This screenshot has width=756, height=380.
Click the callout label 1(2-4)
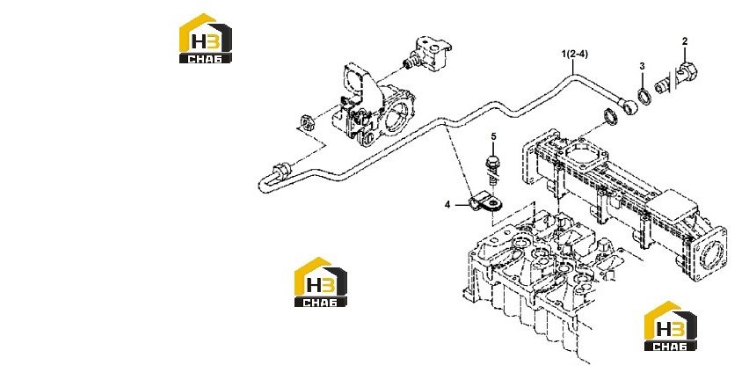(574, 54)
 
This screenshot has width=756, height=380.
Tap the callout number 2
(685, 41)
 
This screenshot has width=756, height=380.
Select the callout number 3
(642, 67)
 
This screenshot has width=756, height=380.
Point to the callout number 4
(447, 205)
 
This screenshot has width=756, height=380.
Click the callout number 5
(493, 137)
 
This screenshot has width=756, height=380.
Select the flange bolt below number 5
(493, 170)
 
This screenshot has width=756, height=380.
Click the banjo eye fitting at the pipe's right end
(628, 107)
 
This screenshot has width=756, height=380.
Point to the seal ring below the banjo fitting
(611, 117)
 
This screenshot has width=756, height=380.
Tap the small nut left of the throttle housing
(306, 122)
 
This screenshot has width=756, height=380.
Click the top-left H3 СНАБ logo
(206, 38)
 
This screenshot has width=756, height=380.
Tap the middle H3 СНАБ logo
(321, 282)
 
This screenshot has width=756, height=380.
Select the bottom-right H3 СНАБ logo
(671, 326)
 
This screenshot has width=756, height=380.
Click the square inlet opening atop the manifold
(585, 152)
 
